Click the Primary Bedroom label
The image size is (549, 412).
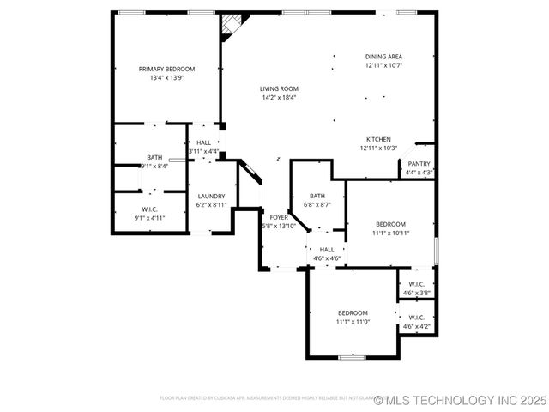click(167, 69)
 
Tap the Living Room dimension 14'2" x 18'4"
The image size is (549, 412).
click(278, 98)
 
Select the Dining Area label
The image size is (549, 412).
click(383, 57)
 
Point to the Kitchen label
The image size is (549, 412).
click(378, 139)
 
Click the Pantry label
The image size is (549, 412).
click(419, 164)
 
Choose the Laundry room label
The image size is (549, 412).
click(210, 197)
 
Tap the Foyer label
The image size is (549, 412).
click(279, 217)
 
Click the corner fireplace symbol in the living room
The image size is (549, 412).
click(230, 25)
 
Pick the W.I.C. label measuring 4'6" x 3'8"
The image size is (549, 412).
click(417, 284)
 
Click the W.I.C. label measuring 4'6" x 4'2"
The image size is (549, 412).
click(417, 318)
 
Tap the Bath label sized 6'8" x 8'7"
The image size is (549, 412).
click(317, 196)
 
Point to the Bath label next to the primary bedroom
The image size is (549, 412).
click(154, 157)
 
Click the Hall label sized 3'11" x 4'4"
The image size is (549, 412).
click(203, 142)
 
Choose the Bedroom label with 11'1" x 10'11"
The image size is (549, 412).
click(390, 224)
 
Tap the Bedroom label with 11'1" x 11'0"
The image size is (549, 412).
click(353, 312)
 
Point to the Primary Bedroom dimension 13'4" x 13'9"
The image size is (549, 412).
click(167, 78)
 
